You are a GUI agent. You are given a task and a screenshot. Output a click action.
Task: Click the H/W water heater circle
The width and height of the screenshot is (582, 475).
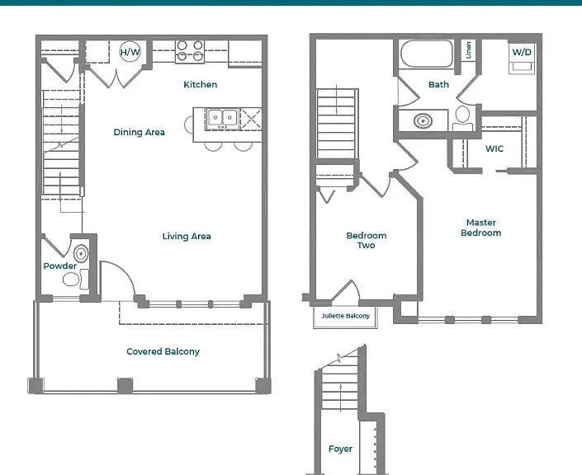coord(130,52)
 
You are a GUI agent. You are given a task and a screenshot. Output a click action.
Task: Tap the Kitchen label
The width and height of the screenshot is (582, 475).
coord(201,85)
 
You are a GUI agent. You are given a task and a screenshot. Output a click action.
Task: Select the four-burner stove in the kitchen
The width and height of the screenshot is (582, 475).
coord(190,51)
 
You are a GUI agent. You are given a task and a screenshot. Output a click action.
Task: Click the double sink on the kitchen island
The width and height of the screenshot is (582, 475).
coord(222,118)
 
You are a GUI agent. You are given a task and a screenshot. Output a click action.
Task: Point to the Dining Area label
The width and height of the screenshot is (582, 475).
coord(140,133)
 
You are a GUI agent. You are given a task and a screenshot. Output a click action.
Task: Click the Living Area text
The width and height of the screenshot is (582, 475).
coord(187,236)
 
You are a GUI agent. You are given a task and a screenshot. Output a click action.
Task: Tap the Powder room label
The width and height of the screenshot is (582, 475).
coord(60,266)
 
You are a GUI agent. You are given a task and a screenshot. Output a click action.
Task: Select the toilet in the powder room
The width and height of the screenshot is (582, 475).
coord(75,280)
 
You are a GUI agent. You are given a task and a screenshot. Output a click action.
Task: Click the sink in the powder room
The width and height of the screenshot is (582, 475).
coord(81,254)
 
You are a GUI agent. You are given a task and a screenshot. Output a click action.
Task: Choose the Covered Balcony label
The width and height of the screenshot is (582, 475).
coord(163,351)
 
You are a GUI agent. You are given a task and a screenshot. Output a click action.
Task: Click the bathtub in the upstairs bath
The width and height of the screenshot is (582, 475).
coord(427,54)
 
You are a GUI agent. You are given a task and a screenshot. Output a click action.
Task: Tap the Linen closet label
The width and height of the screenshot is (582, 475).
coord(468,50)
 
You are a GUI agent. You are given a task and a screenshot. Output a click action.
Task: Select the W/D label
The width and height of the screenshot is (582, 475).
coord(522,52)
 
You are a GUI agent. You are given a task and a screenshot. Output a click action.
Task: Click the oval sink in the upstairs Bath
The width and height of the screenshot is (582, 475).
coord(423,121)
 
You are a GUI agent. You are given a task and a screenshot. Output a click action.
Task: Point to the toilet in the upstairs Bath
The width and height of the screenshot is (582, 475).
coord(462,118)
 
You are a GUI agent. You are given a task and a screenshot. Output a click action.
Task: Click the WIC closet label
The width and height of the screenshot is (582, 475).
coord(494,148)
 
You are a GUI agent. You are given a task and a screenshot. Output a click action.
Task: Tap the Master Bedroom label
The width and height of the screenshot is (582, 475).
coord(481,228)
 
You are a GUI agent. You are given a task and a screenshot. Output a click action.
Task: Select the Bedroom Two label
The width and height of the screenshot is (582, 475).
coord(367,240)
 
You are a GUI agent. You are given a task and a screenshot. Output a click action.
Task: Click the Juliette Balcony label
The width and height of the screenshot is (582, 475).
coord(346,316)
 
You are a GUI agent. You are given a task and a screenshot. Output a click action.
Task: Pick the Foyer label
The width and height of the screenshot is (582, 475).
coord(340,449)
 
